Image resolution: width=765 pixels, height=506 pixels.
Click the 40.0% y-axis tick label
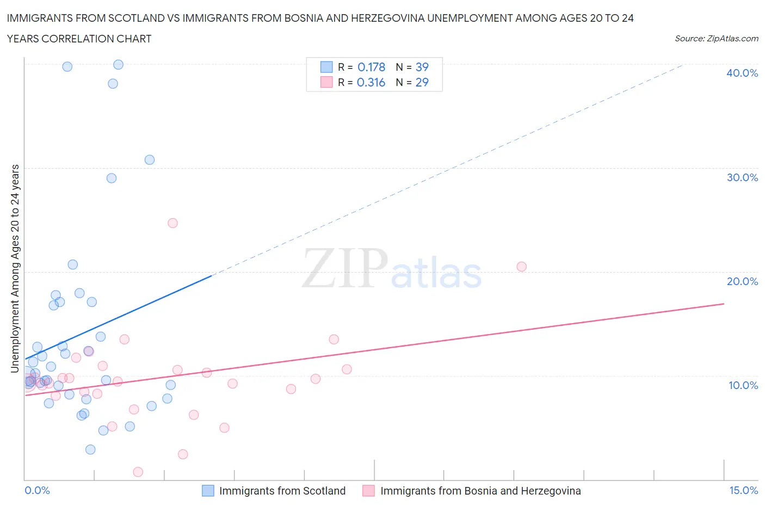[x=742, y=73]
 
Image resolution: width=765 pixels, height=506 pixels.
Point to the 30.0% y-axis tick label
[x=742, y=177]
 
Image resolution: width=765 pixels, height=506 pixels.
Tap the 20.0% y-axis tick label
[x=742, y=281]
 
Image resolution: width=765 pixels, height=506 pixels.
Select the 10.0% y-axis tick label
[x=743, y=385]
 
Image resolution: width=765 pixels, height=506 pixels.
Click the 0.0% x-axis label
[x=37, y=490]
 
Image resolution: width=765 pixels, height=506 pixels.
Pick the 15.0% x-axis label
[x=743, y=490]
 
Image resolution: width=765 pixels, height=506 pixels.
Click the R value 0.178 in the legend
[x=371, y=67]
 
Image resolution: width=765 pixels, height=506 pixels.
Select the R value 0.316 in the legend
[x=371, y=82]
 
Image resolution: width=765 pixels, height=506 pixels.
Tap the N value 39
[x=422, y=67]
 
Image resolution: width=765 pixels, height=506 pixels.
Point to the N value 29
[x=422, y=82]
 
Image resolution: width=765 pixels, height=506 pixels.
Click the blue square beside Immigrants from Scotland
[x=208, y=491]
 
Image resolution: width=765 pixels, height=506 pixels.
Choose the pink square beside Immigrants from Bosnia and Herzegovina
[x=369, y=491]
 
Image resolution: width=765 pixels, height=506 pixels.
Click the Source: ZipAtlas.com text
[x=716, y=38]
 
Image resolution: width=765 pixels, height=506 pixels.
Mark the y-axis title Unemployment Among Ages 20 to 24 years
[x=15, y=268]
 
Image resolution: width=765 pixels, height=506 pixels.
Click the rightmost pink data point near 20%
[x=521, y=267]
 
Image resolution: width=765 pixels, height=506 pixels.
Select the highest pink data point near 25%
[x=172, y=223]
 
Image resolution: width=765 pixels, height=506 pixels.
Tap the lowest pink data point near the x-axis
[x=138, y=472]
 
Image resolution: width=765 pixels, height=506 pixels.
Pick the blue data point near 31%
[x=150, y=160]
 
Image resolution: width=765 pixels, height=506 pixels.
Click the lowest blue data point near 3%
[x=90, y=449]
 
